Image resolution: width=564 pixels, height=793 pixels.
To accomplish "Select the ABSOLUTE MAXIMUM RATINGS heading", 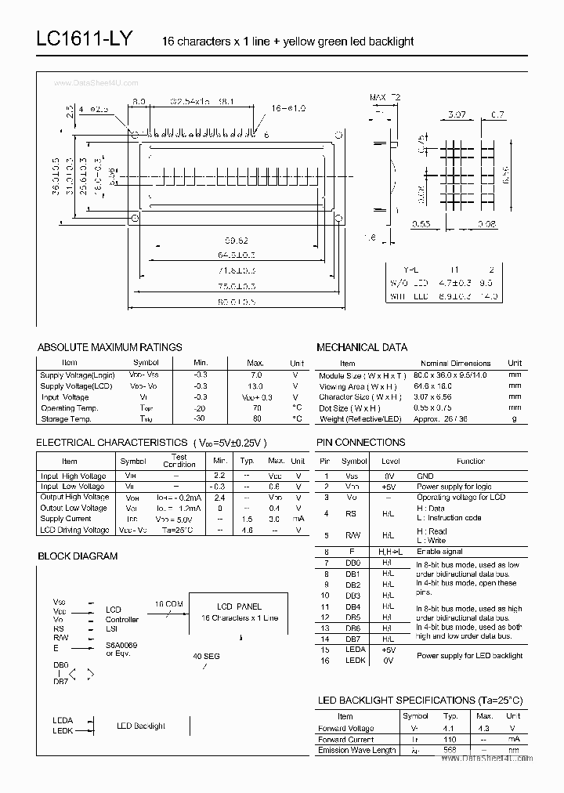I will pos(110,347).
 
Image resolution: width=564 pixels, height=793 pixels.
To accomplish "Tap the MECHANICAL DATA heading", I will pos(362,347).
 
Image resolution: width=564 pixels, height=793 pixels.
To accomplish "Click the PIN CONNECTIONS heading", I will pos(361,443).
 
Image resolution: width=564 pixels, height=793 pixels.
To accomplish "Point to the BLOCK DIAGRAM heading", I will pos(78,556).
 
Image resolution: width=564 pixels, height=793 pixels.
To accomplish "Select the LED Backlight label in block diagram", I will pos(141,726).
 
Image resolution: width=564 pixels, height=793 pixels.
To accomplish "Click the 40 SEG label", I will pos(207,656).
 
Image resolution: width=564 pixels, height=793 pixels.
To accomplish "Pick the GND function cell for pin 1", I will pos(425,476).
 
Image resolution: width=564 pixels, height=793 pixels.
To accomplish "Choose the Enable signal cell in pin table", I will pos(439,552).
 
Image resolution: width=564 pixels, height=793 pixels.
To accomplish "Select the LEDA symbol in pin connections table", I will pos(354,650).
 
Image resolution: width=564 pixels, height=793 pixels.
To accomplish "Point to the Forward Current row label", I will pos(345,739).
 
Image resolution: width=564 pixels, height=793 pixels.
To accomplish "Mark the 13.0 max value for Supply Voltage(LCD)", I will pos(255,386).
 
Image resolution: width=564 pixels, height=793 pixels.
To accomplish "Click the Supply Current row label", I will pos(66,519).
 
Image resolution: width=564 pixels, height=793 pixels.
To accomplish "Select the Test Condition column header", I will pos(179,461).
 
